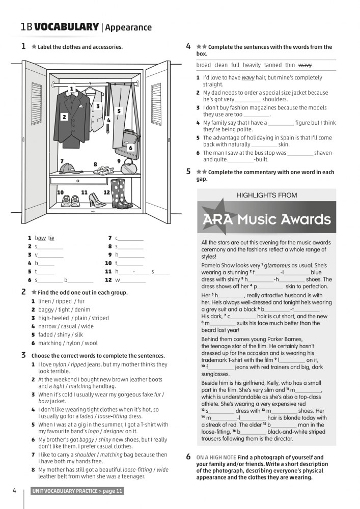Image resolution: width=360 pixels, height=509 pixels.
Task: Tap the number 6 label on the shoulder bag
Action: click(x=130, y=148)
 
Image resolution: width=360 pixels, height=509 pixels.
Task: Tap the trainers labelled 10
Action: click(x=66, y=200)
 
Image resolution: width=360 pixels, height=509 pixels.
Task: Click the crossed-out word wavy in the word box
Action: click(x=305, y=65)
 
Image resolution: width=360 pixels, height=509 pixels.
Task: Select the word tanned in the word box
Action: click(x=273, y=65)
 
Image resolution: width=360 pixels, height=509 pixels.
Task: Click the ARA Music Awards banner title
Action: click(x=266, y=220)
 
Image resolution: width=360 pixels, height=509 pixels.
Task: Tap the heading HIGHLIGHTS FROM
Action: click(x=266, y=195)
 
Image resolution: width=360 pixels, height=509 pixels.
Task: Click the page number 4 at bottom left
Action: click(x=14, y=491)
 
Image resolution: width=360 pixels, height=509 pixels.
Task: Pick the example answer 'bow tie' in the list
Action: click(x=45, y=238)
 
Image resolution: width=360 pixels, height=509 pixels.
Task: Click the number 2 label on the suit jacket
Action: click(x=64, y=117)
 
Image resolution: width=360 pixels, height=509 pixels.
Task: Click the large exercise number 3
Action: click(x=23, y=355)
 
